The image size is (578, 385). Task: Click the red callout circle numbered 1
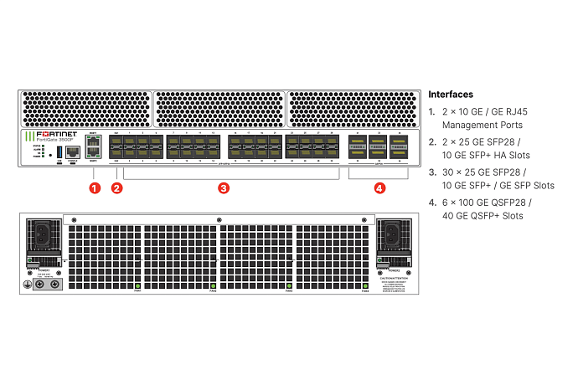pyautogui.click(x=95, y=187)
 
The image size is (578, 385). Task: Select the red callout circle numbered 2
pyautogui.click(x=117, y=187)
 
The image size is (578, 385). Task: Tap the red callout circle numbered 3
pyautogui.click(x=224, y=187)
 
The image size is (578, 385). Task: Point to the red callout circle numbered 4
pyautogui.click(x=379, y=187)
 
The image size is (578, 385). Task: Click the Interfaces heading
pyautogui.click(x=451, y=95)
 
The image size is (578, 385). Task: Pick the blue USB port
pyautogui.click(x=59, y=152)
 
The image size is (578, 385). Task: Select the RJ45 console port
pyautogui.click(x=73, y=151)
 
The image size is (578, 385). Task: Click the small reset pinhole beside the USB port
pyautogui.click(x=50, y=153)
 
